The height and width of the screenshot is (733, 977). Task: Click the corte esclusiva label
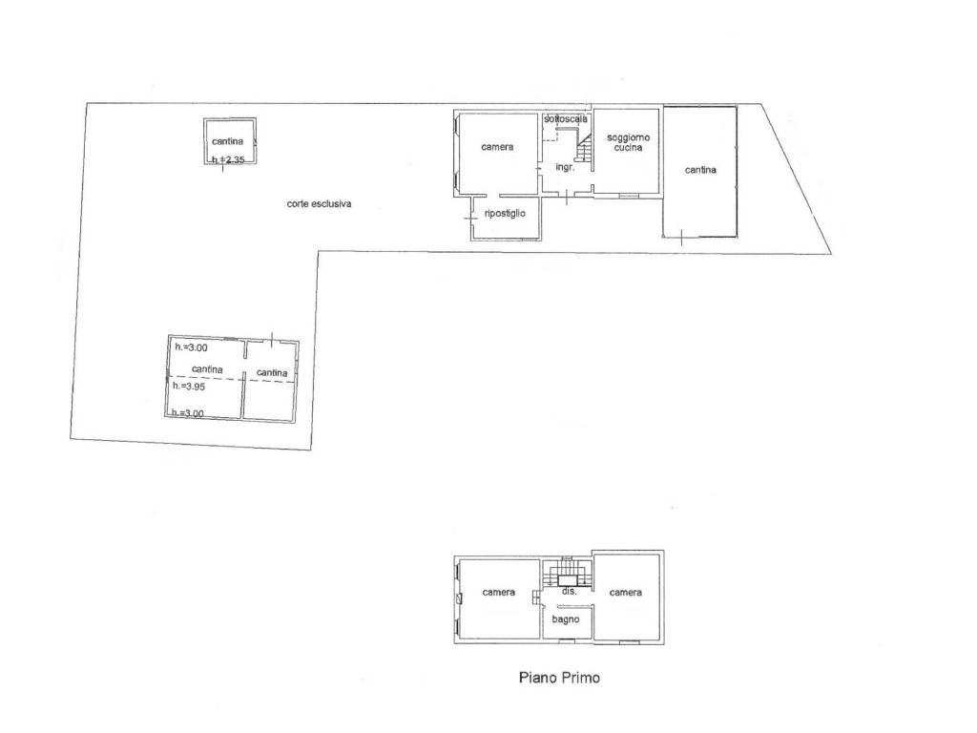(x=319, y=204)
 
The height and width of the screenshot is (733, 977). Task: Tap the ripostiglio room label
(x=505, y=213)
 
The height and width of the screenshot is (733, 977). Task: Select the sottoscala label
(x=566, y=118)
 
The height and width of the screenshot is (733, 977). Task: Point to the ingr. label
(x=565, y=168)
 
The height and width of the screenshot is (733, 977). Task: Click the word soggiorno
(x=628, y=137)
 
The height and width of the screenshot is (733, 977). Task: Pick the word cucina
(x=628, y=148)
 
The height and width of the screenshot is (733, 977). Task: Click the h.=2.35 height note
(x=228, y=159)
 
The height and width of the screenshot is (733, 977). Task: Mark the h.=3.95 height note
(x=189, y=387)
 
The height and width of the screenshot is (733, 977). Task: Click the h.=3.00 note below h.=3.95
(x=188, y=412)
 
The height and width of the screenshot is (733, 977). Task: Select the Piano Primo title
(x=559, y=678)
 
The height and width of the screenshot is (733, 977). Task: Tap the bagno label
(x=566, y=619)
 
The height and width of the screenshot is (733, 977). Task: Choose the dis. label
(x=570, y=591)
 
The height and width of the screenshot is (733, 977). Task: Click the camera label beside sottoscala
(x=497, y=147)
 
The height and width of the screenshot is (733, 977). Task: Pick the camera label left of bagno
(x=498, y=592)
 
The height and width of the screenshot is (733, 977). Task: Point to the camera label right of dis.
(x=626, y=592)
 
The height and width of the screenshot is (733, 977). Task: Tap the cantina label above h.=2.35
(x=227, y=141)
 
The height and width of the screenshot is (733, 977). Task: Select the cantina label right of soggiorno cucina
(x=700, y=170)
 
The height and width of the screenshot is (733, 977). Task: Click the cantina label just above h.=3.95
(x=207, y=369)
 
